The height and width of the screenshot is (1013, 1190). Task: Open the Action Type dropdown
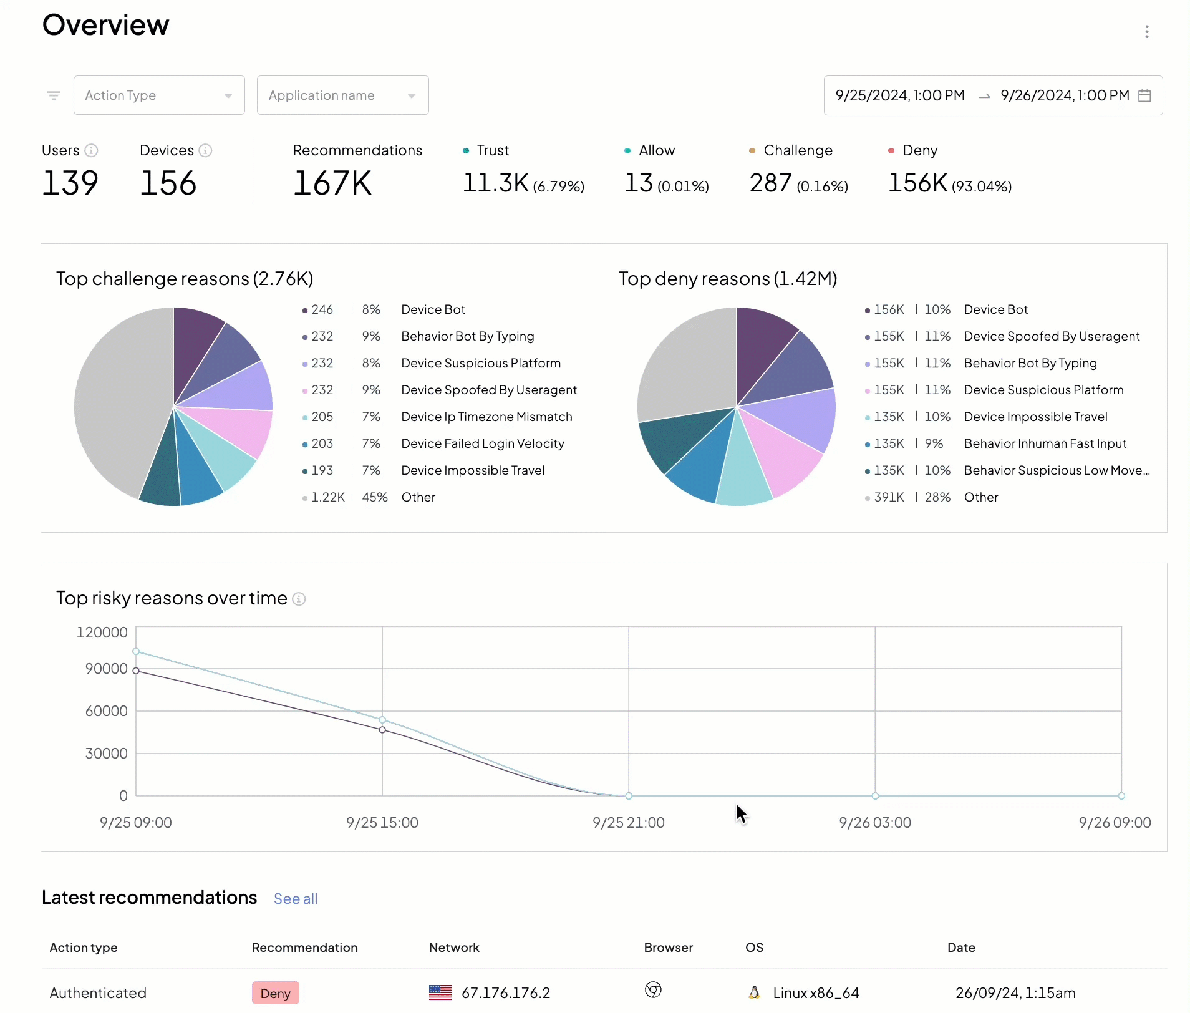pos(158,95)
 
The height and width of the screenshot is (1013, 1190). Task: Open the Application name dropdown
pos(342,95)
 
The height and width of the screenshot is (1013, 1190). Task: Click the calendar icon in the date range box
pos(1144,95)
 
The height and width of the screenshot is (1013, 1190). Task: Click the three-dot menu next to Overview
pos(1146,32)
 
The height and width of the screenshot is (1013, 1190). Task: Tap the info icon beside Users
pos(91,150)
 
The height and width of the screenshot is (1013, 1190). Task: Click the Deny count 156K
pos(917,183)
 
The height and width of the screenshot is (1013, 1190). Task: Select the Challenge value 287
pos(770,183)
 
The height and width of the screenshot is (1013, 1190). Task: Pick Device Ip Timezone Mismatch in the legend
pos(486,417)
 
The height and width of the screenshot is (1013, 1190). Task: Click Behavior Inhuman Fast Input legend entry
pos(1045,443)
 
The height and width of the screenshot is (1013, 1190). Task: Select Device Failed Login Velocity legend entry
pos(482,443)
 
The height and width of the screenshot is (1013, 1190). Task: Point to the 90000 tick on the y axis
pos(106,669)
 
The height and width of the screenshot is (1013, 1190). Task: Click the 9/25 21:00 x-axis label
pos(628,823)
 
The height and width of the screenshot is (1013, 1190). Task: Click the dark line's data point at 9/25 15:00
pos(382,730)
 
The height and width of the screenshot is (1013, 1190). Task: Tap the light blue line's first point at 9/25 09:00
pos(136,651)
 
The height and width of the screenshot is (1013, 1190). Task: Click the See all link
pos(296,899)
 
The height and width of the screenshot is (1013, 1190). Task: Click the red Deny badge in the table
pos(275,993)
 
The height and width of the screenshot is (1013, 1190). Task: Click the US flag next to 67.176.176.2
pos(440,992)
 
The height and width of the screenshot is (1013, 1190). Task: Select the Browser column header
pos(668,948)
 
